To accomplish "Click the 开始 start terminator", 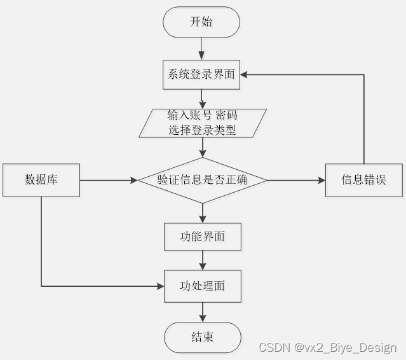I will (x=201, y=22).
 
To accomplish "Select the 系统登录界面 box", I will (x=201, y=74).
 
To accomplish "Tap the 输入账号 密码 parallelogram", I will (x=201, y=122).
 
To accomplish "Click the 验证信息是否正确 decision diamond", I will (x=202, y=180).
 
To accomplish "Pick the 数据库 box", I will (x=41, y=180).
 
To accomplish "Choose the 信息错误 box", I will (x=363, y=180).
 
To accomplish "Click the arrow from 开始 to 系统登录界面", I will (x=202, y=48).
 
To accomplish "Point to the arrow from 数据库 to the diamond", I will (x=108, y=181).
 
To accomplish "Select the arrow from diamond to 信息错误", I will (x=296, y=181).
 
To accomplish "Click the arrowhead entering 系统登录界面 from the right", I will (x=245, y=74).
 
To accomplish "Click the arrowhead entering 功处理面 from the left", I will (x=160, y=286).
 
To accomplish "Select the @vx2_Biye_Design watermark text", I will (x=345, y=347).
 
